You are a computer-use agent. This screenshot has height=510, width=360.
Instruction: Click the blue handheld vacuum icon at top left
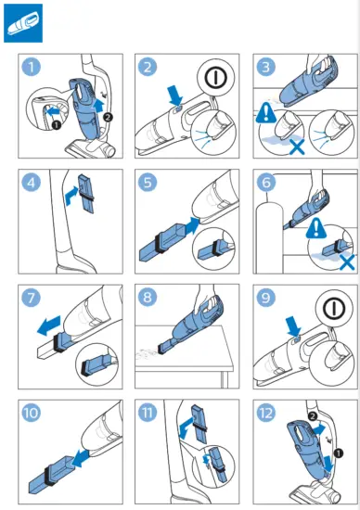tap(23, 23)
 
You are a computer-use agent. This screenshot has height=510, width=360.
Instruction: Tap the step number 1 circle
tap(32, 68)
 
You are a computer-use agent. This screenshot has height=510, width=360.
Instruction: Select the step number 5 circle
tap(148, 182)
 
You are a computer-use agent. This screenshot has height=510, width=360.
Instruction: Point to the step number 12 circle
tap(266, 413)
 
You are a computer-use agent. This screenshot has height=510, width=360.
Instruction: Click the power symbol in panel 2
tap(215, 77)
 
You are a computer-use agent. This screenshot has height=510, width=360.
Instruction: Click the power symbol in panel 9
tap(334, 308)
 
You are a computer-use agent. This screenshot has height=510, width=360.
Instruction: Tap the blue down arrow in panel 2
tap(176, 95)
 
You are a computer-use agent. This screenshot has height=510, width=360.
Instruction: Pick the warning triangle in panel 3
tap(266, 113)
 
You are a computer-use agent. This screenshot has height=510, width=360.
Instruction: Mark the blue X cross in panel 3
tap(297, 147)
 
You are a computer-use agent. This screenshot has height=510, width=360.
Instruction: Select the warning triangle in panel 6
tap(316, 228)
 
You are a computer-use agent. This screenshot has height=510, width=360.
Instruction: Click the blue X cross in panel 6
tap(347, 261)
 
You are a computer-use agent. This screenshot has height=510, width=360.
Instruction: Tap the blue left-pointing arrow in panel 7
tap(49, 325)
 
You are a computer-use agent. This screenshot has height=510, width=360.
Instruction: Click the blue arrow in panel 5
tap(192, 225)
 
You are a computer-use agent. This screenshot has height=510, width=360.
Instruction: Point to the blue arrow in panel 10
tap(81, 458)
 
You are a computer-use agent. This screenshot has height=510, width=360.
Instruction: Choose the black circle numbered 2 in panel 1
tap(108, 117)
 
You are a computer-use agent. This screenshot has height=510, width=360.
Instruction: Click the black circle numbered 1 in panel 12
tap(339, 453)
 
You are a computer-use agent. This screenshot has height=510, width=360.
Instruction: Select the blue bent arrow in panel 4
tap(71, 196)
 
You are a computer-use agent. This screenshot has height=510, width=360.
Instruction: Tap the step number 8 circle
tap(148, 298)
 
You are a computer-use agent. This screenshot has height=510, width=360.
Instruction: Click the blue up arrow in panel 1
tap(99, 106)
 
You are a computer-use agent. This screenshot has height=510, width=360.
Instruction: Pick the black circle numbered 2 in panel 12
tap(312, 416)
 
